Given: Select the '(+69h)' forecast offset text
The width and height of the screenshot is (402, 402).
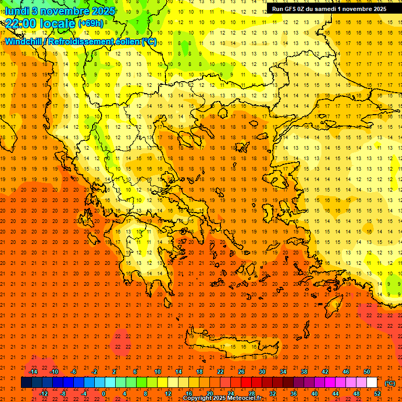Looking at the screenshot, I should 91,24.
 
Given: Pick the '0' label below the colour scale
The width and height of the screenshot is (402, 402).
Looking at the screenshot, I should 104,393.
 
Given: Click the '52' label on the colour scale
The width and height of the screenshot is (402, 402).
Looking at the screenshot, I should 377,393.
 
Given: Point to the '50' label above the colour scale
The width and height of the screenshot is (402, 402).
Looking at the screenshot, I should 366,372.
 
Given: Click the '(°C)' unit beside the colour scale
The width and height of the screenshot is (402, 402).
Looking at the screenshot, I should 390,383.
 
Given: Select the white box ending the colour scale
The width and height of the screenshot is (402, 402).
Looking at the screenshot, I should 372,383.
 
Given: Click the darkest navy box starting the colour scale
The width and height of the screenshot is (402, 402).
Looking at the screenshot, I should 26,383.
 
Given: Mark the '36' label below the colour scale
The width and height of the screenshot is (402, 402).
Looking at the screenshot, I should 294,393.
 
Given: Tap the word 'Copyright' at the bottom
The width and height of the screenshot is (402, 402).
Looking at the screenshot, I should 197,398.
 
